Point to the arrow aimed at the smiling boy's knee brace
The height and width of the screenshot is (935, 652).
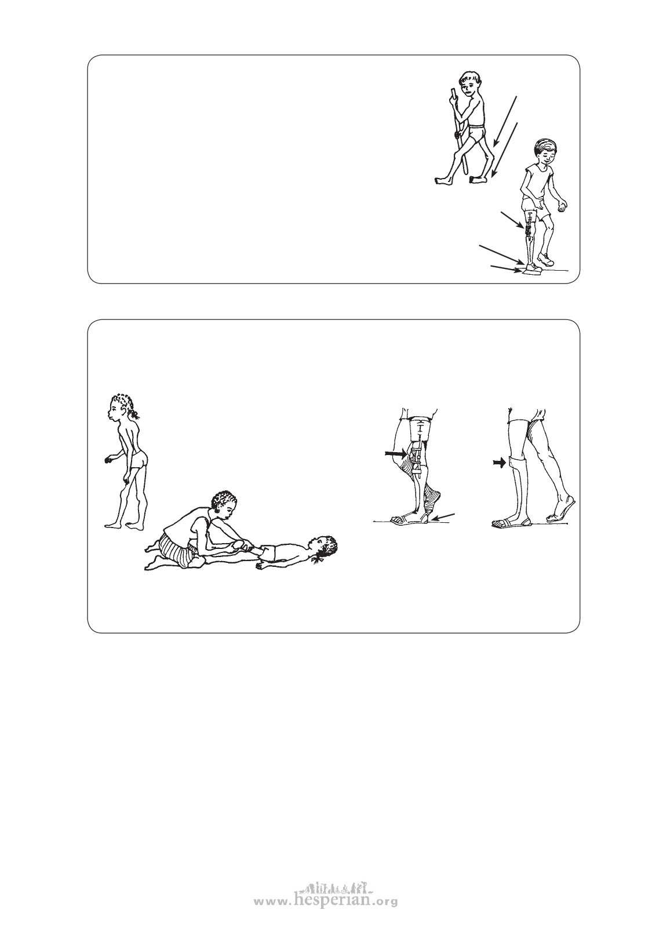pos(512,220)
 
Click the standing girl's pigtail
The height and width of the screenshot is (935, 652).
pos(134,414)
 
